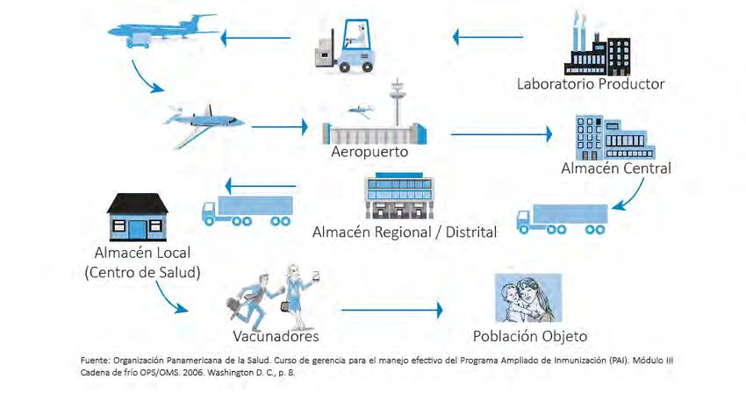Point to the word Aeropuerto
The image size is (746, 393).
coord(370,151)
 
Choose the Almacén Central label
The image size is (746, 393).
coord(616,168)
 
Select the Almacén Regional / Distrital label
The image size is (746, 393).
coord(405,232)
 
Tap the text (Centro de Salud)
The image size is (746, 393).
coord(142,272)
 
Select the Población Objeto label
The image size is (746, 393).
coord(529,336)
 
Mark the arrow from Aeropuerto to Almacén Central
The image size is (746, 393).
coord(501,134)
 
